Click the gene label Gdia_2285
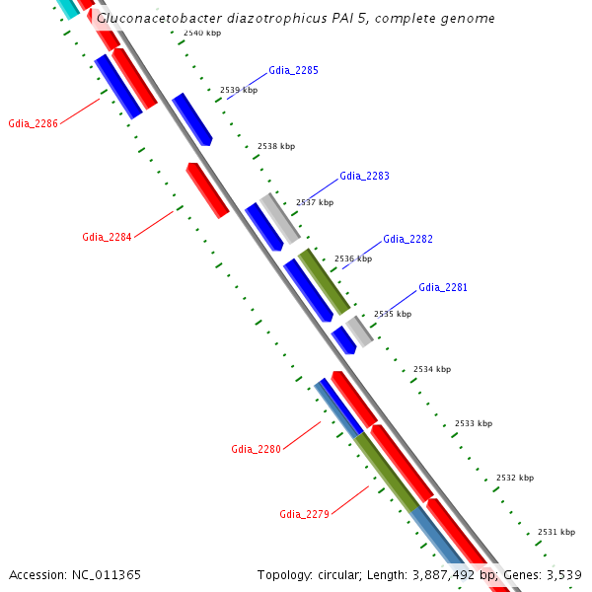pos(293,71)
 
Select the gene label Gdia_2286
pos(33,124)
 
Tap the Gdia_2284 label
pos(107,237)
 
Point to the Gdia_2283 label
pos(364,176)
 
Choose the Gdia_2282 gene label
pos(407,239)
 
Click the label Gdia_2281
pos(443,287)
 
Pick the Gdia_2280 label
pos(256,449)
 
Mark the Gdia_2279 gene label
pos(304,514)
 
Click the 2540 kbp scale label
pos(202,34)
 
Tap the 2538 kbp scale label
pos(276,146)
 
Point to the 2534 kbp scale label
pos(432,369)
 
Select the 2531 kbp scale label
pos(556,532)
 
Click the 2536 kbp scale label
pos(353,259)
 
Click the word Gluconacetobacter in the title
pos(156,19)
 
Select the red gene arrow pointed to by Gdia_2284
pos(207,189)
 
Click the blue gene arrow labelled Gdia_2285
pos(192,119)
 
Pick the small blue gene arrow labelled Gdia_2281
pos(343,339)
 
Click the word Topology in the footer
pos(285,574)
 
